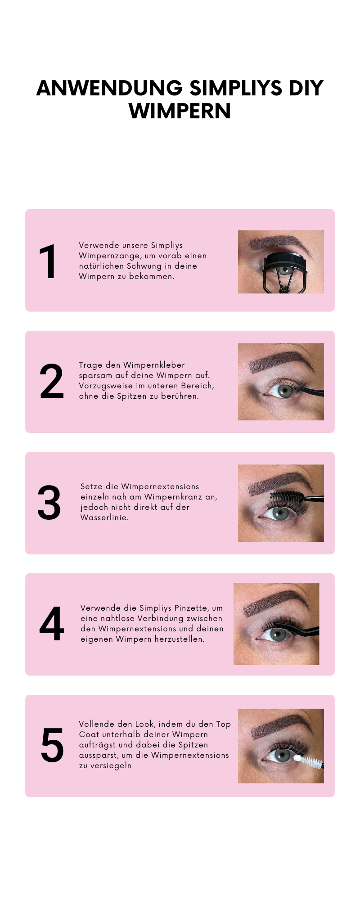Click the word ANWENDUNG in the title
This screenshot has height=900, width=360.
click(109, 88)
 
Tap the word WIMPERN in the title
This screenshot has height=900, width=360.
click(180, 111)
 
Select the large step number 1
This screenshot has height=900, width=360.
click(48, 262)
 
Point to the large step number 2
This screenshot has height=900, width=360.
click(52, 382)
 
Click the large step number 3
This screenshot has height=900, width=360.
click(49, 503)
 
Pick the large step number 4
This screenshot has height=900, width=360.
click(52, 624)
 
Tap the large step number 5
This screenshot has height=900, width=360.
click(52, 745)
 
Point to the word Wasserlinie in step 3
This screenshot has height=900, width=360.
click(104, 517)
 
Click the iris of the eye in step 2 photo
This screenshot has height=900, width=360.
click(285, 391)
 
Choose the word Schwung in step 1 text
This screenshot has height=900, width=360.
click(144, 266)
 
